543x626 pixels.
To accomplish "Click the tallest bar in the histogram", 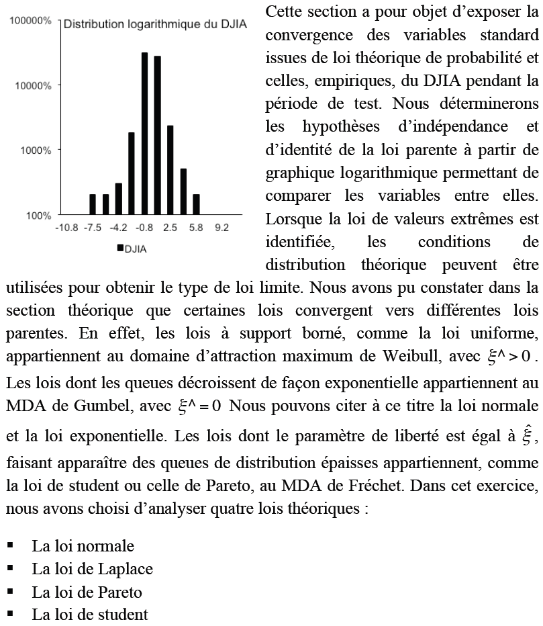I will [x=144, y=133].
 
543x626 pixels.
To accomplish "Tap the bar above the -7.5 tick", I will [x=93, y=204].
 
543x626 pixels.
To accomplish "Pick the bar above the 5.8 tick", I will [x=196, y=204].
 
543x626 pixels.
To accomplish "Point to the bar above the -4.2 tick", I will [x=119, y=199].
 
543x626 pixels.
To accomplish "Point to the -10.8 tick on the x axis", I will [x=67, y=228].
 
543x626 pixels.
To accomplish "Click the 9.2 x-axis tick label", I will [x=221, y=228].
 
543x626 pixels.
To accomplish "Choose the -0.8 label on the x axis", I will [x=144, y=228].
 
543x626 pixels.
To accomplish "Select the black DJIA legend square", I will [x=120, y=249].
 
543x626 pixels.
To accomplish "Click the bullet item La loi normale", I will [x=83, y=546].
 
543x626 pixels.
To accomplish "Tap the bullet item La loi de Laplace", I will [x=92, y=569].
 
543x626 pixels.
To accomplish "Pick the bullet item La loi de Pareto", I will [x=87, y=592].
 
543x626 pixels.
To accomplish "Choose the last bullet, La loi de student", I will [x=89, y=615].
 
